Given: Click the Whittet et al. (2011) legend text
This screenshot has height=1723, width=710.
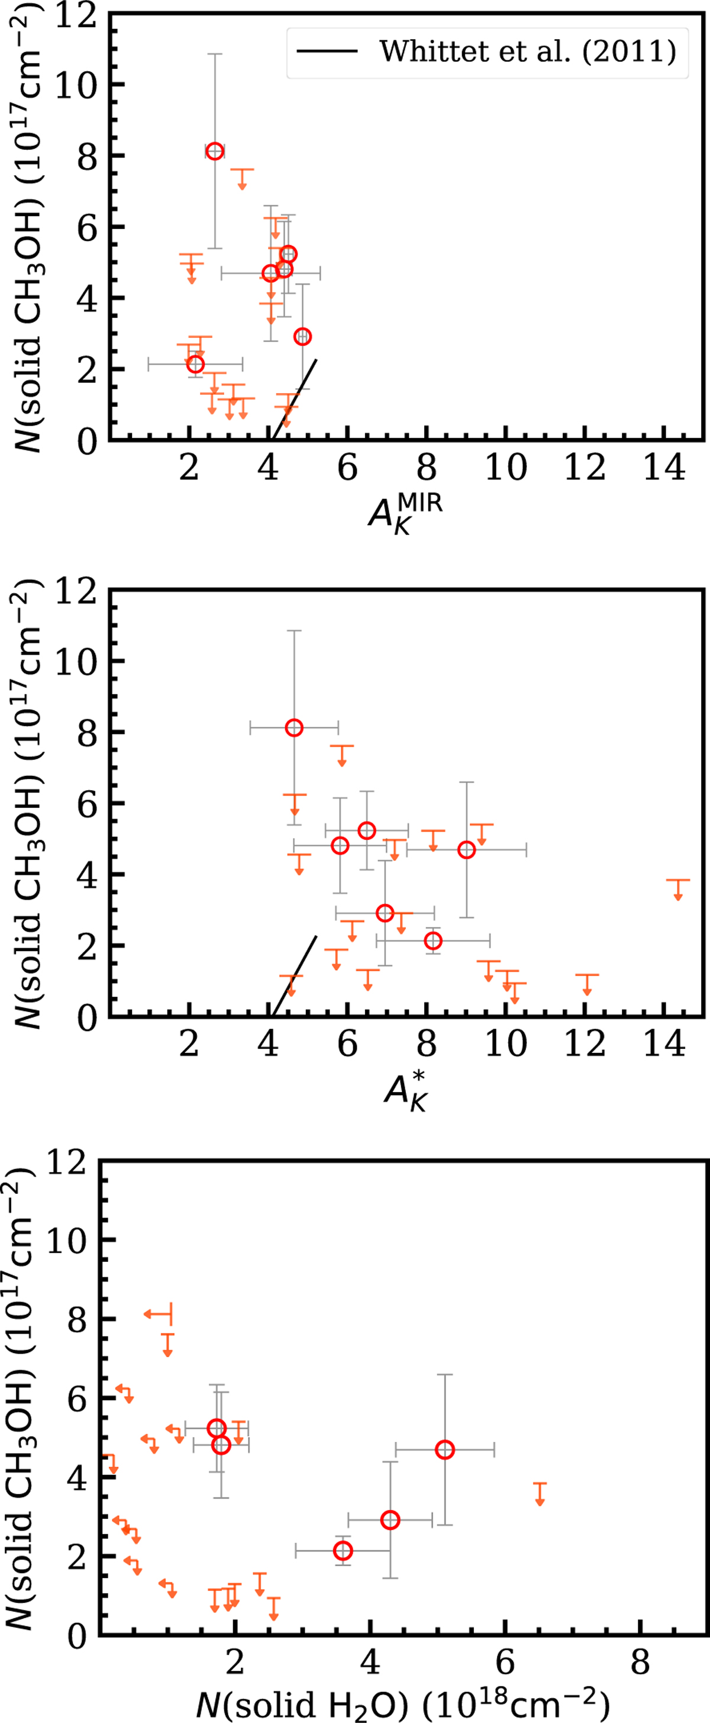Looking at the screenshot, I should [x=528, y=51].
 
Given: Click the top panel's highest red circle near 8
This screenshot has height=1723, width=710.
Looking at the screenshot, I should [x=215, y=151].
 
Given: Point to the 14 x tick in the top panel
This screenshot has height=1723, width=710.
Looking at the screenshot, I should [x=664, y=468].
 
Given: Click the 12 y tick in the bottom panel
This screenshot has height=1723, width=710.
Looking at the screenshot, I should [x=67, y=1164].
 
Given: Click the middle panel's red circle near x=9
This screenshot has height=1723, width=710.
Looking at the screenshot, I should [x=466, y=849].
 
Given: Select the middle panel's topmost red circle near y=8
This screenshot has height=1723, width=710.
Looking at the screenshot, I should [x=294, y=727].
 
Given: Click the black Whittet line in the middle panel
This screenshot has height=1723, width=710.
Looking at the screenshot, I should [x=294, y=976].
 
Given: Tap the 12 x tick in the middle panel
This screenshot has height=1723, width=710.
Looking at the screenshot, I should [x=585, y=1044].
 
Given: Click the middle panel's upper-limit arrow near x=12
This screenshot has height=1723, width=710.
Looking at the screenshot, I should [x=587, y=983].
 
